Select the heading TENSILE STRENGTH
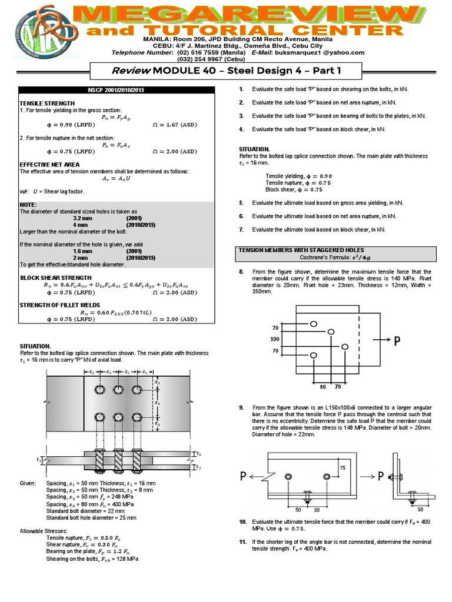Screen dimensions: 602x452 [x=42, y=103]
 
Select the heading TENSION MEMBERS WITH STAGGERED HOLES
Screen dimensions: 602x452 [x=301, y=250]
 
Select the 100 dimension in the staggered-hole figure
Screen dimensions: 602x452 [x=274, y=339]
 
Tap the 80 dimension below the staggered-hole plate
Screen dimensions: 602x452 [x=323, y=387]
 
